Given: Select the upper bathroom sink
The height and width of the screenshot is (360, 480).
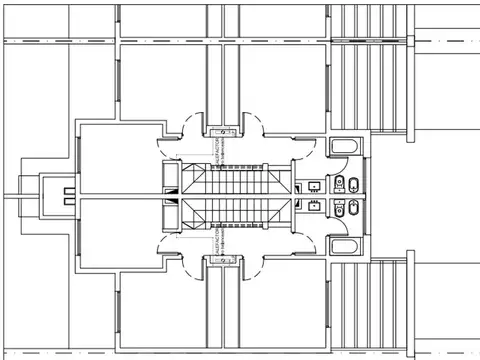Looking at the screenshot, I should coord(316,184).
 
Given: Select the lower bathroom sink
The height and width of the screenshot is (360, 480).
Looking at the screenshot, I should coord(316,209).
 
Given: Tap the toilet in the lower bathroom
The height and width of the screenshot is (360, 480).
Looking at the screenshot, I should coord(341,212).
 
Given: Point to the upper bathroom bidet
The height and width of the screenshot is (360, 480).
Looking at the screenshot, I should coord(355,184).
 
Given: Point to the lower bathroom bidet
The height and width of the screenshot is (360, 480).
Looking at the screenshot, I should coord(355,210).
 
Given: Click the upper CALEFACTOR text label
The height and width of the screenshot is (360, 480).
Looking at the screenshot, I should coord(217,151).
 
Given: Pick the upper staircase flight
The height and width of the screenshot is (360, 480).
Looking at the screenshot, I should coord(235,180).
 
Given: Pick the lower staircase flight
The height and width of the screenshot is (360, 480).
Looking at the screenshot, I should coord(235,213).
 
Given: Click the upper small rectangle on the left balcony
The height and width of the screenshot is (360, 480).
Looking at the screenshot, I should coord(68,188).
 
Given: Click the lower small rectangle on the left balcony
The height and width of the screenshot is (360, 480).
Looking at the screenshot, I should coord(68,204).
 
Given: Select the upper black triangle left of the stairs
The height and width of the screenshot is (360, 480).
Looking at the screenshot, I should coord(170,181).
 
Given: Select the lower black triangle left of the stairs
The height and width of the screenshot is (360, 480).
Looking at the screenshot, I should coord(170,212).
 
